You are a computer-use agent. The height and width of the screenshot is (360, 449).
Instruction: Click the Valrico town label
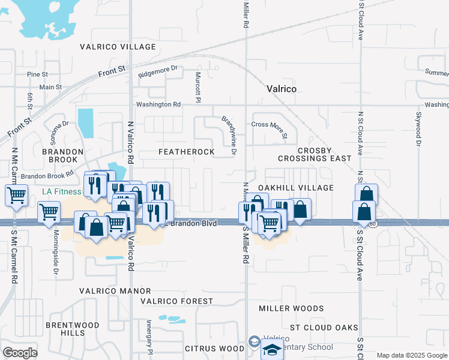pos(282,89)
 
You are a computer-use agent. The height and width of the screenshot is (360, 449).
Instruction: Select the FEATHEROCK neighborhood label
pos(186,152)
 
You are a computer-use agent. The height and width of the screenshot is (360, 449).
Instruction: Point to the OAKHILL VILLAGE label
pos(295,188)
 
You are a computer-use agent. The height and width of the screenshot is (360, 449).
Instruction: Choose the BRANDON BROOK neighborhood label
pos(60,156)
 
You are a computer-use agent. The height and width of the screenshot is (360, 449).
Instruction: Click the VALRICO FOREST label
pos(176,301)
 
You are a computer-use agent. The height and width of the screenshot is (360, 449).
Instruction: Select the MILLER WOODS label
pos(291,308)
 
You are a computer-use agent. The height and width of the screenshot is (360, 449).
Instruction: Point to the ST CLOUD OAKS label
pos(324,328)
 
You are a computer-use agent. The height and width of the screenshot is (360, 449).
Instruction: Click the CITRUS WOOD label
pos(214,348)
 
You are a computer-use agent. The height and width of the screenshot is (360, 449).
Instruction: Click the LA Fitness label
pos(61,192)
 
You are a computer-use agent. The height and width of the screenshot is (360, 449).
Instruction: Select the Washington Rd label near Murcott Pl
pos(158,104)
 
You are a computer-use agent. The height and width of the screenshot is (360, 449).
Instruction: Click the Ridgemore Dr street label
pos(158,72)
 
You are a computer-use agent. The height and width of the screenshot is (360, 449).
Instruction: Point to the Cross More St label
pos(270,125)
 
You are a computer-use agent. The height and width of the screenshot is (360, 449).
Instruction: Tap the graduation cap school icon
pos(272,350)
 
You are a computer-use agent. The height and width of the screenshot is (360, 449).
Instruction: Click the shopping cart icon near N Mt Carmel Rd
pos(16,194)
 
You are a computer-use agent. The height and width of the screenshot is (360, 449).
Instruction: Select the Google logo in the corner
pos(20,352)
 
